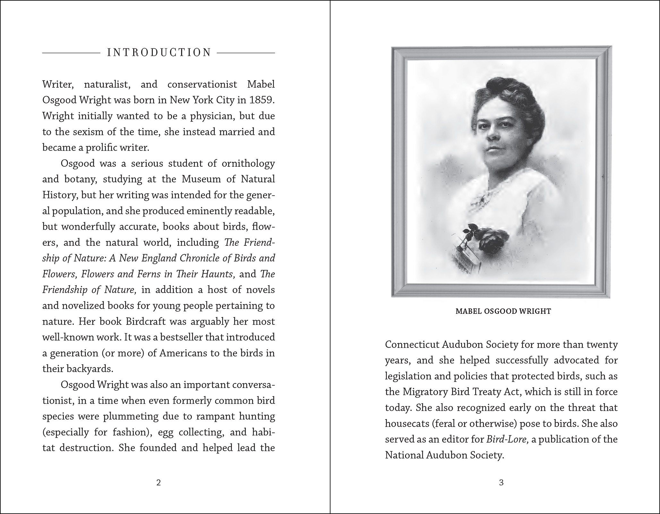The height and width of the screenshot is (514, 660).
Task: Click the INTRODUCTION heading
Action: (159, 52)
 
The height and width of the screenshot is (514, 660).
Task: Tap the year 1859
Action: (262, 100)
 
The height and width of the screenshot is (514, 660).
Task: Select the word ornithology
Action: (248, 163)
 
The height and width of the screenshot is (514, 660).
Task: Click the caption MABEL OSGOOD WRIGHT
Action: (503, 311)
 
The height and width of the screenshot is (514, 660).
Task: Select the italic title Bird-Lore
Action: (507, 439)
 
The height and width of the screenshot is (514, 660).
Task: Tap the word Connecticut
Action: (412, 344)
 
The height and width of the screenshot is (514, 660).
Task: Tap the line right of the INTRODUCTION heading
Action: (246, 52)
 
